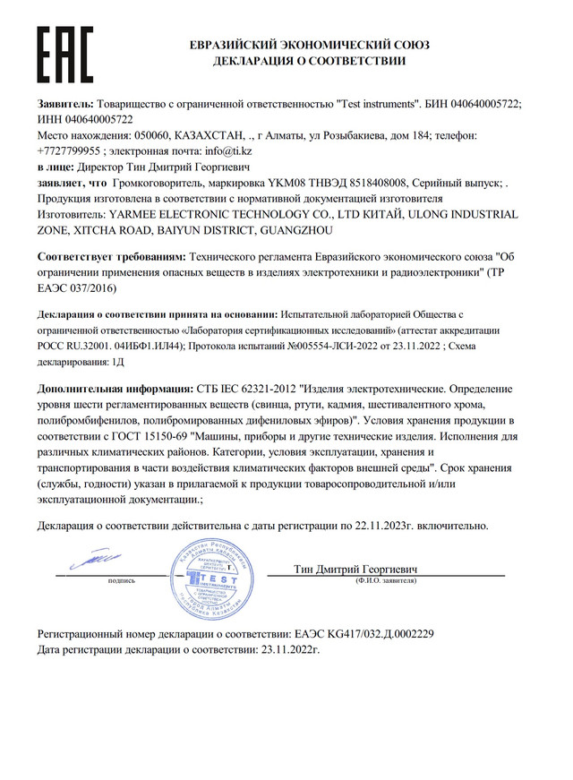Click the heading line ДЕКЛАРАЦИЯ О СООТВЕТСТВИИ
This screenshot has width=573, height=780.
click(309, 61)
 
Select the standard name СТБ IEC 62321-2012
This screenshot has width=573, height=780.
click(248, 392)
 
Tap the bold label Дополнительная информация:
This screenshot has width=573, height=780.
click(115, 392)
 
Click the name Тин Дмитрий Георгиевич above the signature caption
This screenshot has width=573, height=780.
click(355, 569)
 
